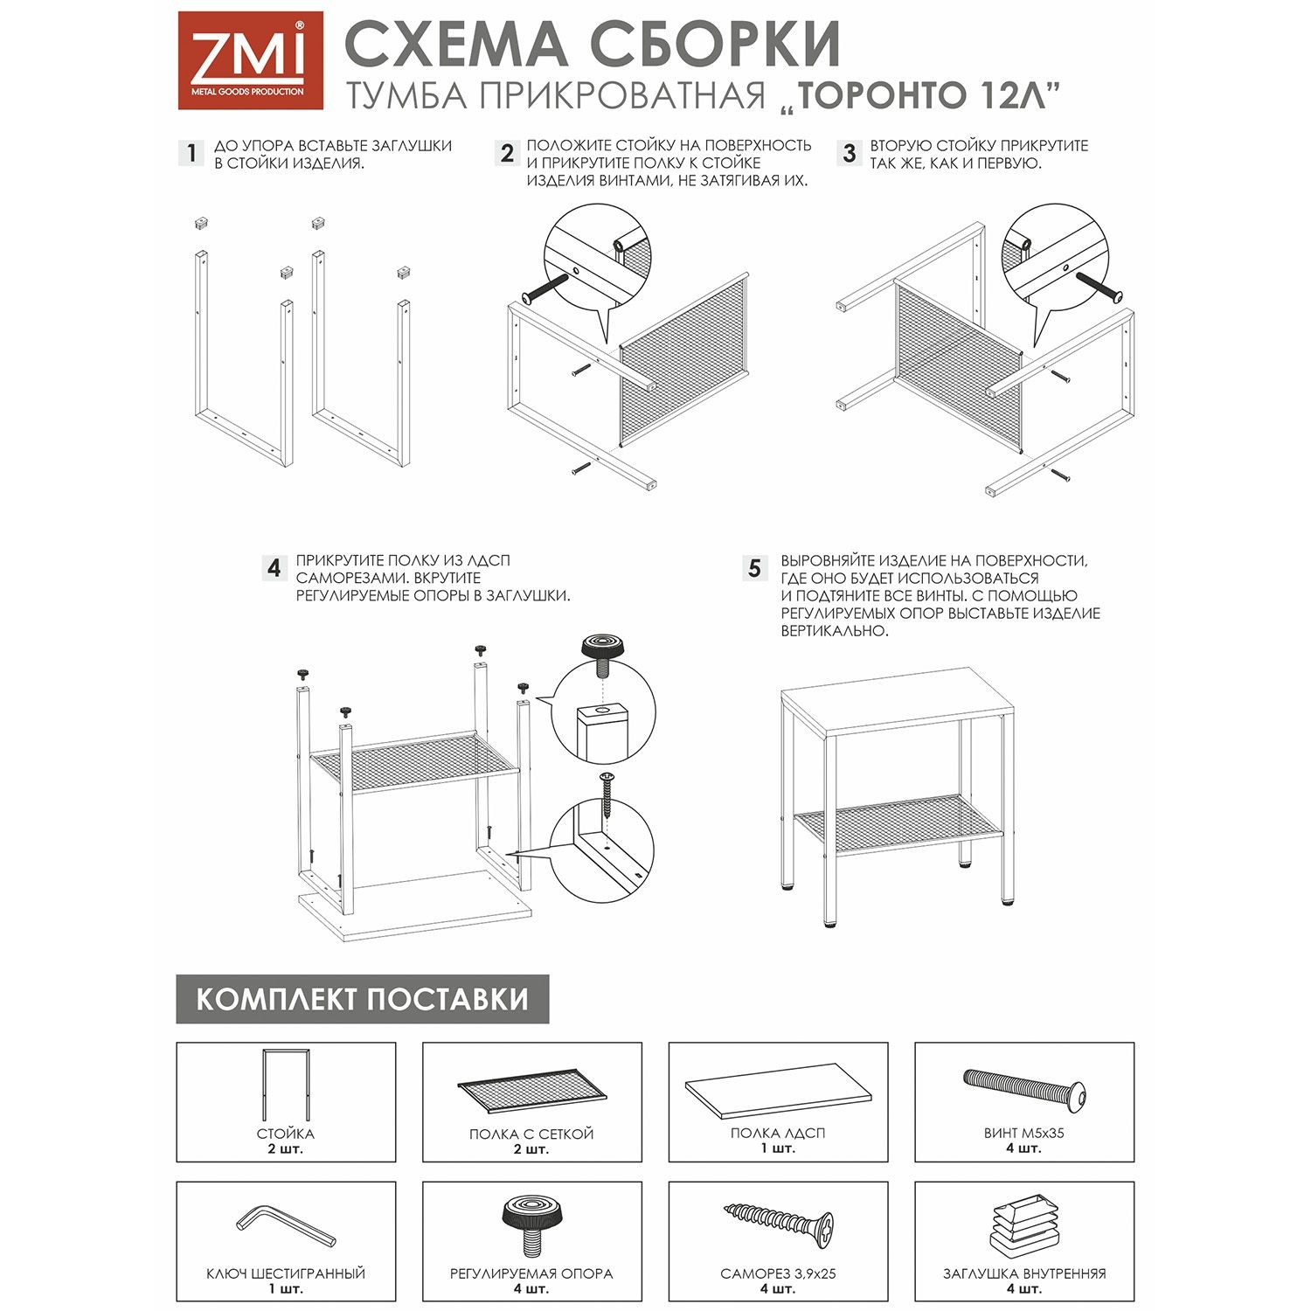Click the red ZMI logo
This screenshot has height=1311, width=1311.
click(250, 60)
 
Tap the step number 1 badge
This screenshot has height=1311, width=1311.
click(191, 153)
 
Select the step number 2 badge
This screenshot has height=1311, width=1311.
click(506, 153)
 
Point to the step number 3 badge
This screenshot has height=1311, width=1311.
click(849, 153)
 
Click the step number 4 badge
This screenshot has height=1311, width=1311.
click(274, 568)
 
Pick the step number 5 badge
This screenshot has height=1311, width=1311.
click(754, 568)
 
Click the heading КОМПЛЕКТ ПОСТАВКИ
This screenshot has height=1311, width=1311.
click(362, 999)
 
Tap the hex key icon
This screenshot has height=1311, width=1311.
click(285, 1226)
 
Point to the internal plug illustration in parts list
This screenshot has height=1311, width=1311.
click(1024, 1224)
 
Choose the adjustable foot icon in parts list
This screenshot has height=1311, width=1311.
click(531, 1224)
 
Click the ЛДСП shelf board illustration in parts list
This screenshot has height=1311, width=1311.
click(778, 1090)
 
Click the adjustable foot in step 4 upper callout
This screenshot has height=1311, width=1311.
click(603, 655)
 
